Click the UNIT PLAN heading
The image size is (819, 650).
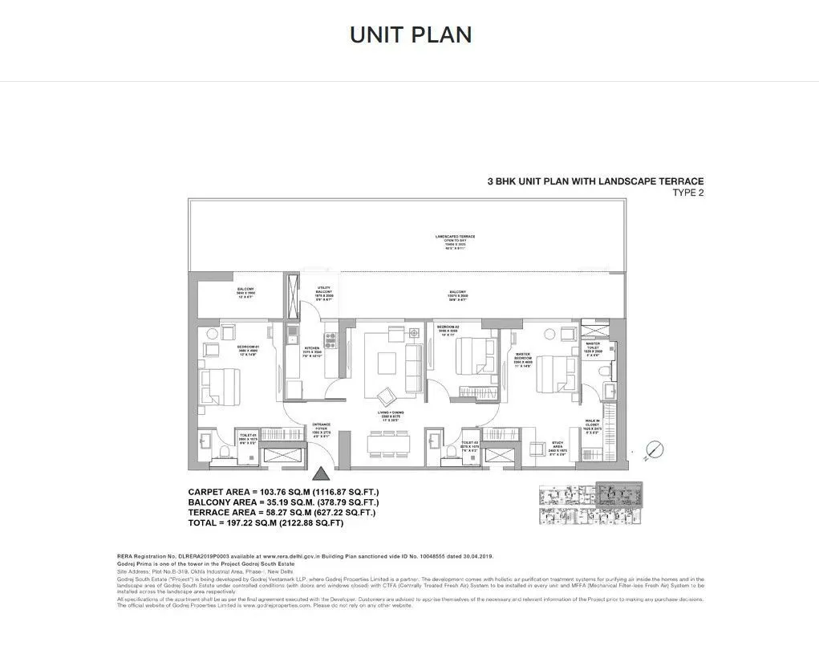coord(410,35)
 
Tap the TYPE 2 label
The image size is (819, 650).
coord(687,193)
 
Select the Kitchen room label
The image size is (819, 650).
coord(311,351)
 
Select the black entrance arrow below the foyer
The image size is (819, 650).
coord(320,476)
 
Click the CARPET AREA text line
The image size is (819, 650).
coord(283,492)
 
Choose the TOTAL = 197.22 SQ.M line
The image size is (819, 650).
coord(266,522)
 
